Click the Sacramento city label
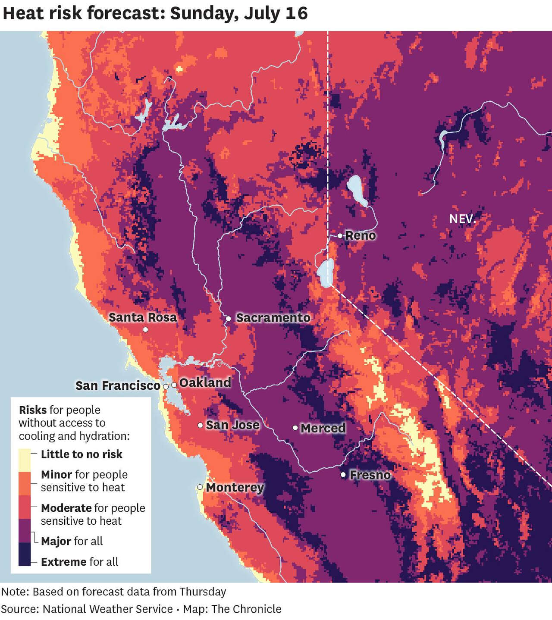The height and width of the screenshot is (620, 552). [273, 318]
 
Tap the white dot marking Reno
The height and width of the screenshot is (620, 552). [340, 235]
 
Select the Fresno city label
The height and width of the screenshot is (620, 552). [370, 475]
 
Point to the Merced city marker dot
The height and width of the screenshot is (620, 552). [295, 428]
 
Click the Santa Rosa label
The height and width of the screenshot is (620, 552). [142, 318]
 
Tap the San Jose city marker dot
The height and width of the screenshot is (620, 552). [201, 425]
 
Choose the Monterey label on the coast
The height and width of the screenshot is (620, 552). [235, 488]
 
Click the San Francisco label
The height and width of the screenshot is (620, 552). [118, 385]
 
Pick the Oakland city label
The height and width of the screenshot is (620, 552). [205, 383]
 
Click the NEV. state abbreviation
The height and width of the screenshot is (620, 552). [462, 219]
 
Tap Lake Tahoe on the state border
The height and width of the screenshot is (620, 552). [326, 273]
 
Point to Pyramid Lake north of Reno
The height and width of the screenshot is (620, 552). [357, 190]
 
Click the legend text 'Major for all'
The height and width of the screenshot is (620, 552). [72, 541]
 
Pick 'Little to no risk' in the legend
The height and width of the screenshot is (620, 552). [82, 454]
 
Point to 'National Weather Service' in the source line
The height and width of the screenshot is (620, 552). [107, 609]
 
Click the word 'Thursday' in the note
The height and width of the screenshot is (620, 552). [203, 592]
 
